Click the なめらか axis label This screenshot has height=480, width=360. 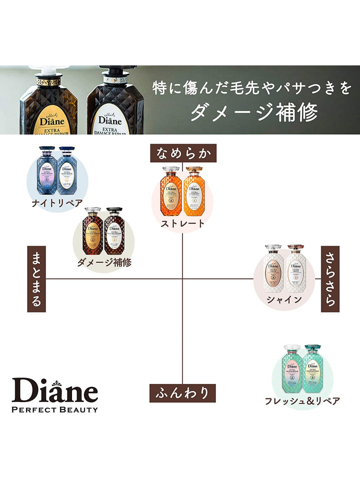tap(183, 154)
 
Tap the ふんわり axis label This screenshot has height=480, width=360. tap(183, 392)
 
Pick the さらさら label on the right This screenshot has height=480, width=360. tap(329, 279)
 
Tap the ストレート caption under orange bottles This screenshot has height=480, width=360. tap(182, 223)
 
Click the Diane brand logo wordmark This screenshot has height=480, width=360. tap(55, 390)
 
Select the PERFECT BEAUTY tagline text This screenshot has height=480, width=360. tap(55, 409)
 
